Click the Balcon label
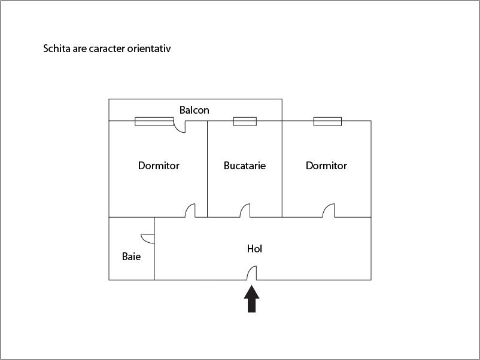[195, 110]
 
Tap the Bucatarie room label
[245, 166]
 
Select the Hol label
[254, 249]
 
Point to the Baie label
[131, 257]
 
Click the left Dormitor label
[159, 166]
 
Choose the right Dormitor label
[326, 166]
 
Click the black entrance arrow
[251, 299]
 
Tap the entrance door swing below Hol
[251, 273]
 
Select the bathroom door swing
[148, 239]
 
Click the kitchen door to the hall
[245, 210]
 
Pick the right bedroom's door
[329, 210]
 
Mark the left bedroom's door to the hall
[190, 210]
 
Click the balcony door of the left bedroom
[180, 127]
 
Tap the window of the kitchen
[245, 121]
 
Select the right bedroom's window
[327, 121]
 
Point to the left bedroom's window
[154, 121]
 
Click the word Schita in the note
[57, 48]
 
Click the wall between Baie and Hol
[154, 249]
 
